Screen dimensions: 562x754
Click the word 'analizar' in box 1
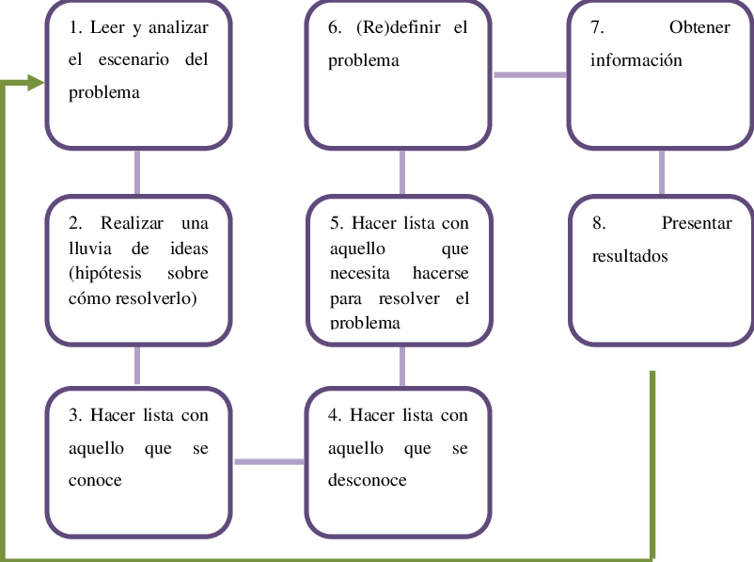178,27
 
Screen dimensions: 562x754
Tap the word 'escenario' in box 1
134,59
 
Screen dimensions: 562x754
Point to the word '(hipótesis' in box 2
105,273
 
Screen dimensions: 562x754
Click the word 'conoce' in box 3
95,480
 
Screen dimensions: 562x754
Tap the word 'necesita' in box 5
359,273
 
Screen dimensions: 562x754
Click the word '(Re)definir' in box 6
397,27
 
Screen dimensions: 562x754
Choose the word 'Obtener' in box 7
699,27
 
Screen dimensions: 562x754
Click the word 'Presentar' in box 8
697,223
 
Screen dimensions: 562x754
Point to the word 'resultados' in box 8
629,256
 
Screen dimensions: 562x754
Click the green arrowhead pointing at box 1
36,83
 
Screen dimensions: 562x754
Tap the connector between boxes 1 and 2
138,171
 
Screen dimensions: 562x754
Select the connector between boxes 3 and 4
268,461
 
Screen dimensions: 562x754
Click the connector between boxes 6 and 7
529,74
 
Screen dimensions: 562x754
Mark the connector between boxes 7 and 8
661,171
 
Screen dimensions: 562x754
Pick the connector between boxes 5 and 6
402,171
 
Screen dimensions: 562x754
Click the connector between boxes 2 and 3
138,365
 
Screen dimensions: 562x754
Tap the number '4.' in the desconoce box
335,415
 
